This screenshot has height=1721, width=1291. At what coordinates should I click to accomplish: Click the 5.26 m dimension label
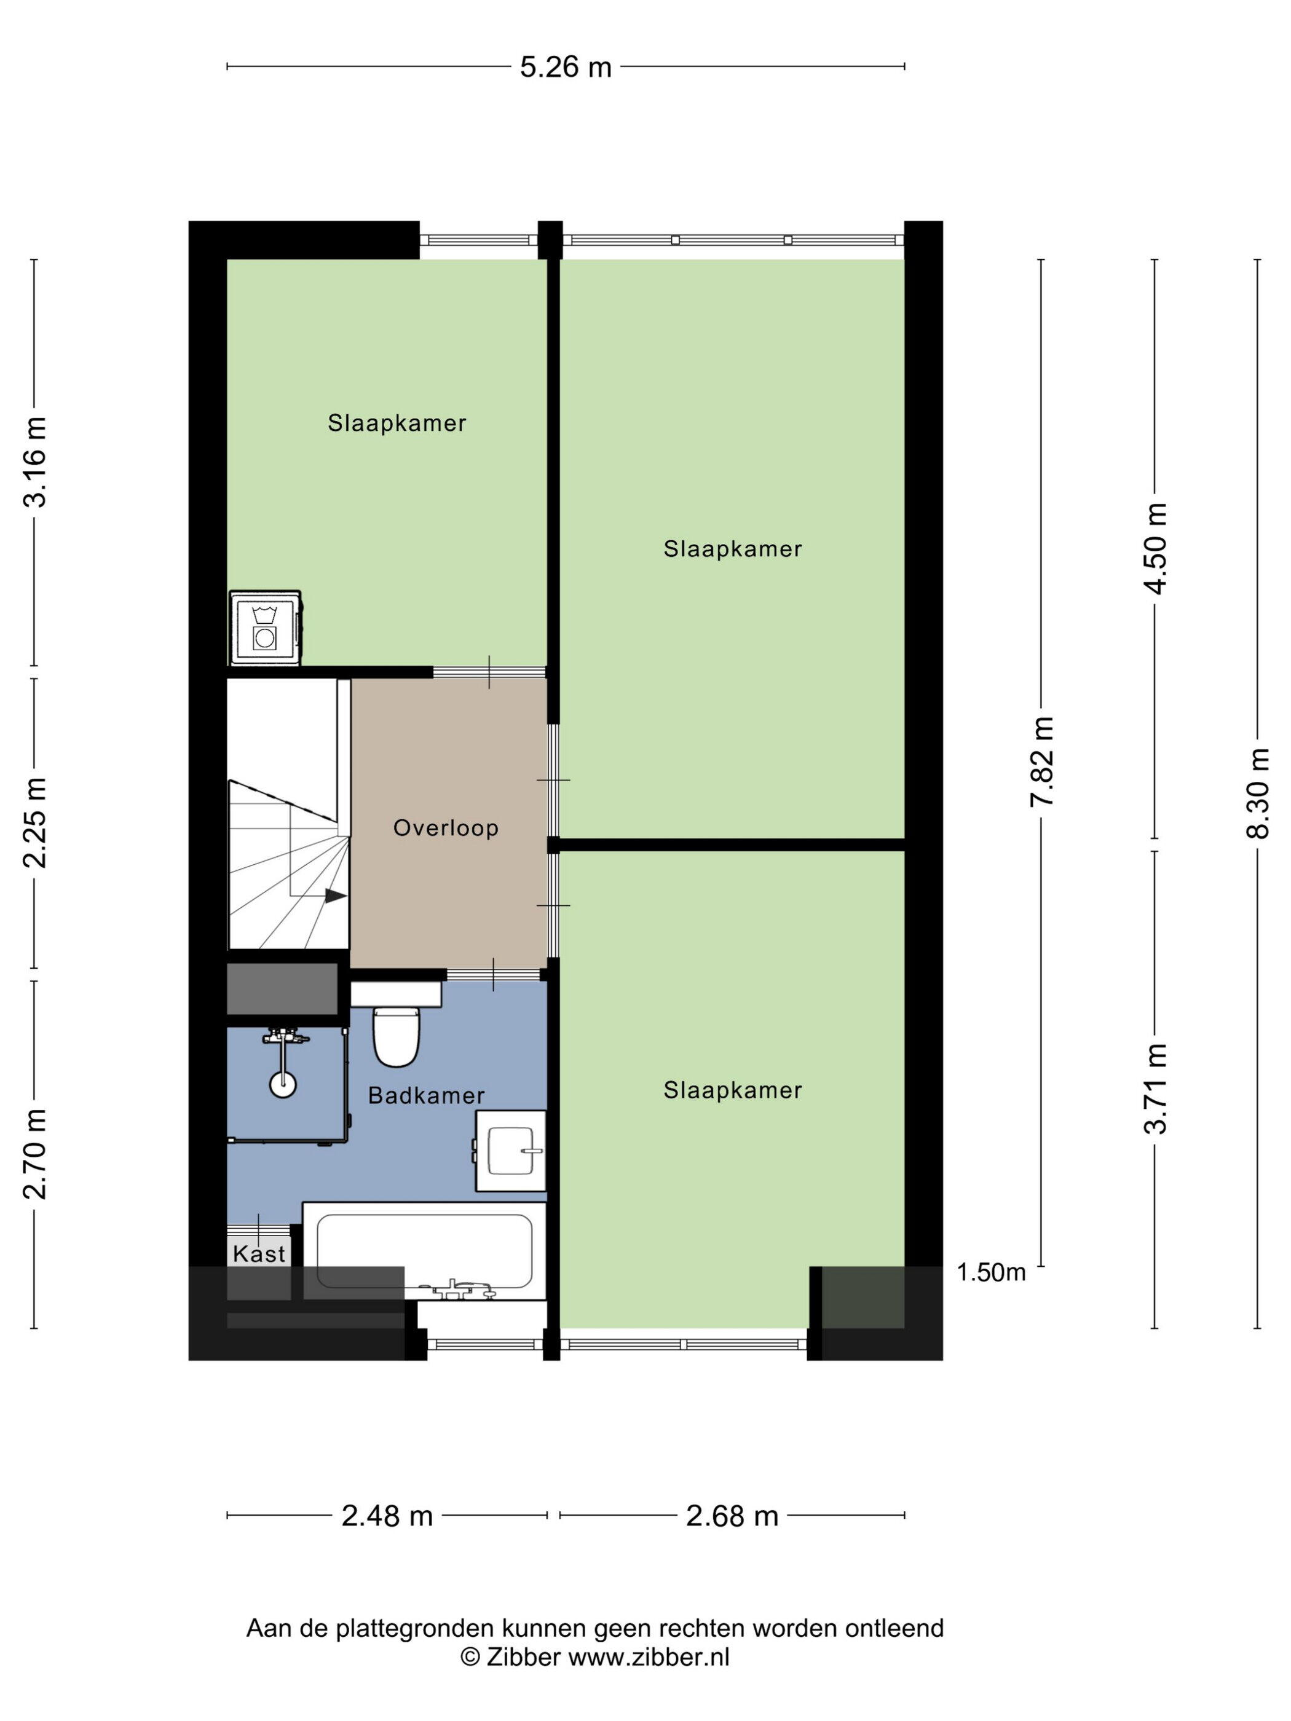[566, 68]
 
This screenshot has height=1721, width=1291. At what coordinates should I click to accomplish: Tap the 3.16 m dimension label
[36, 462]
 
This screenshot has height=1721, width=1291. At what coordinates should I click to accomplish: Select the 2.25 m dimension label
[36, 822]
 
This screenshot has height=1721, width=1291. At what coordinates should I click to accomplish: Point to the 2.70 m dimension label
[36, 1154]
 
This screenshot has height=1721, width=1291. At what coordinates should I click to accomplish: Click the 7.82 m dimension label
[1042, 762]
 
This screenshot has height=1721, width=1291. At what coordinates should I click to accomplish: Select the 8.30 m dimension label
[1258, 793]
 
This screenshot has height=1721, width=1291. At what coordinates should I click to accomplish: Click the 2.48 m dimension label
[387, 1516]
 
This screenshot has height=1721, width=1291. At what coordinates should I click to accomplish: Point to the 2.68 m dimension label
[732, 1516]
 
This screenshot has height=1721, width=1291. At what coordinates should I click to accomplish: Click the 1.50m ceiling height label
[990, 1272]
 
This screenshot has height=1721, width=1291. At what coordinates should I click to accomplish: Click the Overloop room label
[445, 828]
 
